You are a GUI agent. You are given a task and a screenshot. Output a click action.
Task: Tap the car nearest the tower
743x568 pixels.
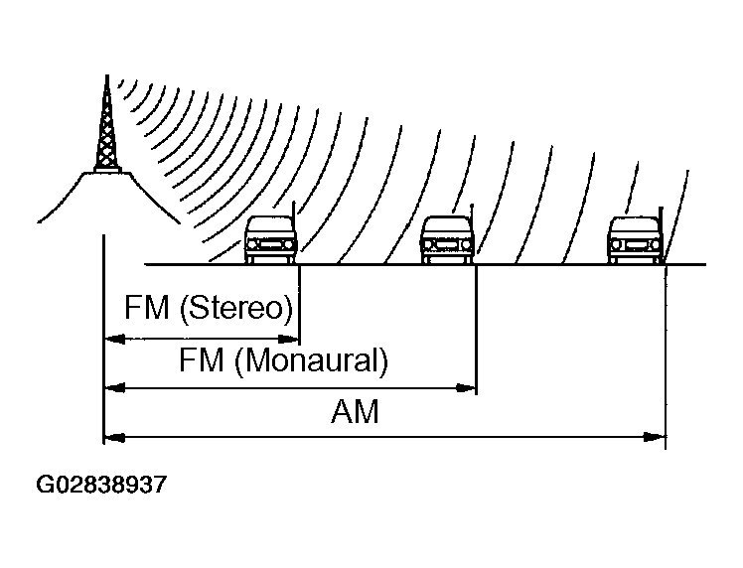271,241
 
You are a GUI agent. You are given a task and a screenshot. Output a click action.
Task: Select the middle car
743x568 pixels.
447,241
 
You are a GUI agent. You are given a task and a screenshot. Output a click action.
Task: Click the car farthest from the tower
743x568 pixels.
636,241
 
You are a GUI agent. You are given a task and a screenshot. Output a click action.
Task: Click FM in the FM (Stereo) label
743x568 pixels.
147,308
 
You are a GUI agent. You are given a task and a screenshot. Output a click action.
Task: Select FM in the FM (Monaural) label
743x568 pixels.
202,359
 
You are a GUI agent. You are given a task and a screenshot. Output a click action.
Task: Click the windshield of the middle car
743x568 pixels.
447,227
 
